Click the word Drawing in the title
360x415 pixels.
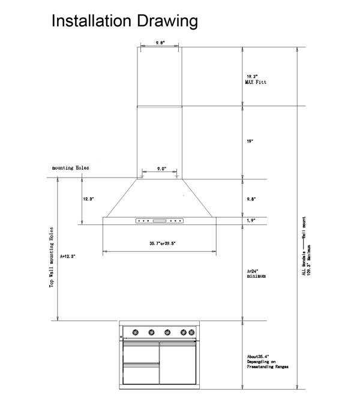click(168, 22)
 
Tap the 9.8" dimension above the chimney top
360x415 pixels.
click(160, 43)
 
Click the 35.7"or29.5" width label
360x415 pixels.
click(158, 243)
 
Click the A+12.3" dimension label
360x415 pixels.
click(68, 255)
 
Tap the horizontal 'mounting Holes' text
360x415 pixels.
click(70, 169)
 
